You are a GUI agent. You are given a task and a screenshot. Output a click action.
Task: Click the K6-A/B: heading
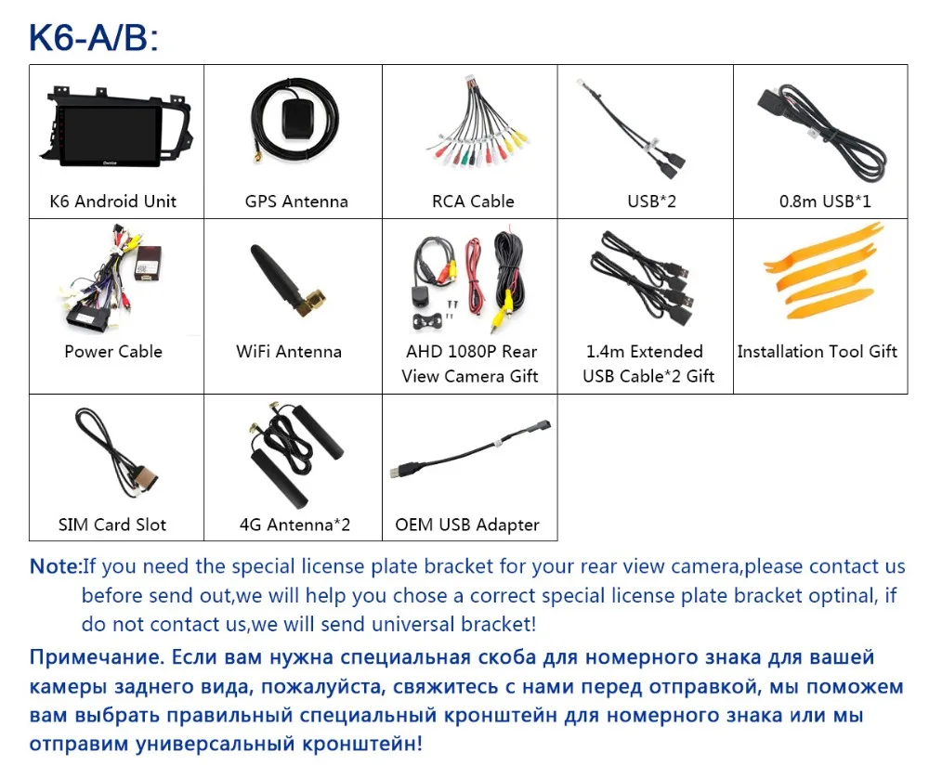[94, 37]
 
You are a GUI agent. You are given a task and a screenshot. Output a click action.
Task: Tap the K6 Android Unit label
[113, 201]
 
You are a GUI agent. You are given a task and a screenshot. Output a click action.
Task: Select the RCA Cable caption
[473, 201]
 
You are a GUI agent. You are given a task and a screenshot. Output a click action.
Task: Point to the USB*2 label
[652, 201]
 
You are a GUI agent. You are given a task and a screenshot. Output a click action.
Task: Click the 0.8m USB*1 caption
[825, 201]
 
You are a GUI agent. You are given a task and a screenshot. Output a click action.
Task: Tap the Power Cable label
[113, 351]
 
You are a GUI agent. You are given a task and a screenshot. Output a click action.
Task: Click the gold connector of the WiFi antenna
[312, 302]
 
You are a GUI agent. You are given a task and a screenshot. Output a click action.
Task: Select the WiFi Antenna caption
[289, 352]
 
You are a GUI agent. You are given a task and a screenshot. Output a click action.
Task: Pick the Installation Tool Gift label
[817, 352]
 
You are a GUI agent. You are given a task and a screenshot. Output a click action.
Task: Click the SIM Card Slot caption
[112, 525]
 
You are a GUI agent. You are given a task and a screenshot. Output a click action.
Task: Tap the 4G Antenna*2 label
[294, 525]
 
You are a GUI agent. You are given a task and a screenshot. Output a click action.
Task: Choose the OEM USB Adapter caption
[467, 525]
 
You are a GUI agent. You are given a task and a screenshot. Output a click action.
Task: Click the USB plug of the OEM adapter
[403, 470]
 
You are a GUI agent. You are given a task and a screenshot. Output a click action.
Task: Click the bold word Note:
[55, 566]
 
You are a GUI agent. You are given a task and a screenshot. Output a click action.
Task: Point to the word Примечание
[97, 657]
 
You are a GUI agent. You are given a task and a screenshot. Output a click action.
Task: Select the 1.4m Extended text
[645, 352]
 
